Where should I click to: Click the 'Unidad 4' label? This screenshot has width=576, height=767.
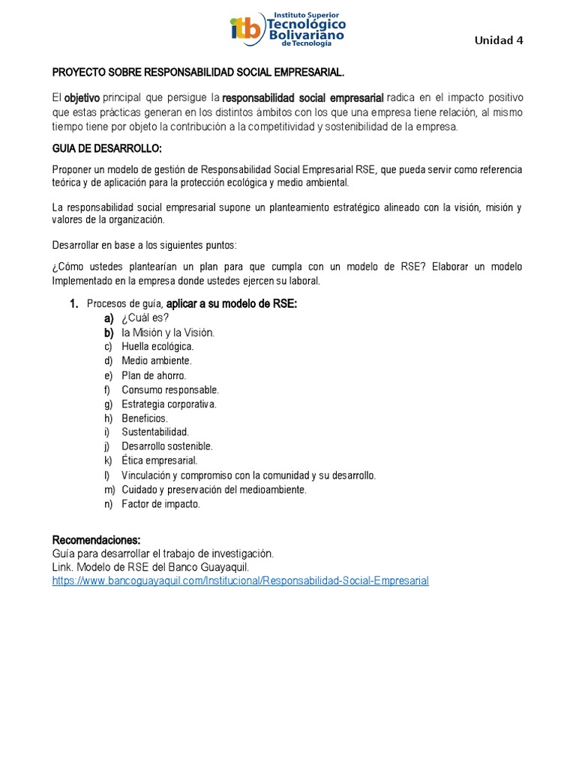[499, 40]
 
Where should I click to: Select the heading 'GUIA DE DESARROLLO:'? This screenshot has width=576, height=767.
[106, 147]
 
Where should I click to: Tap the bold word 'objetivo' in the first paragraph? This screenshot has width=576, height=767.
[82, 98]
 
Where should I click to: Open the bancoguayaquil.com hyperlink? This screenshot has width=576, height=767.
[240, 580]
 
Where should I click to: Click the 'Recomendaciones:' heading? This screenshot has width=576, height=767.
[96, 540]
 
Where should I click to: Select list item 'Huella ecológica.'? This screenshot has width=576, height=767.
[157, 347]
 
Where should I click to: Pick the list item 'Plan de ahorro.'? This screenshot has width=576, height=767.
[154, 375]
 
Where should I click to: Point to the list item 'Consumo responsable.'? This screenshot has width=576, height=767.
[170, 389]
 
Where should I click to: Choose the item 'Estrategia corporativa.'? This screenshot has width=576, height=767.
[169, 404]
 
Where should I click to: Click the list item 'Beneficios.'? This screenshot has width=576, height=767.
[145, 418]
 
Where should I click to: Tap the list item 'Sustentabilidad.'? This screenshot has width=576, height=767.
[155, 432]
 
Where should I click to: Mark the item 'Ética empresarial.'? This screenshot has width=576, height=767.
[159, 461]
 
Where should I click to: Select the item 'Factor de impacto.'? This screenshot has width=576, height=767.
[160, 504]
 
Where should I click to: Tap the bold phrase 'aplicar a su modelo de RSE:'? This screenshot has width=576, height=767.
[231, 303]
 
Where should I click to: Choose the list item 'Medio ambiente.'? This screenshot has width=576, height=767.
[156, 361]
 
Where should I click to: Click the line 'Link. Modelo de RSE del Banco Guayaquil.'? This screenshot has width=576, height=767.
[150, 567]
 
